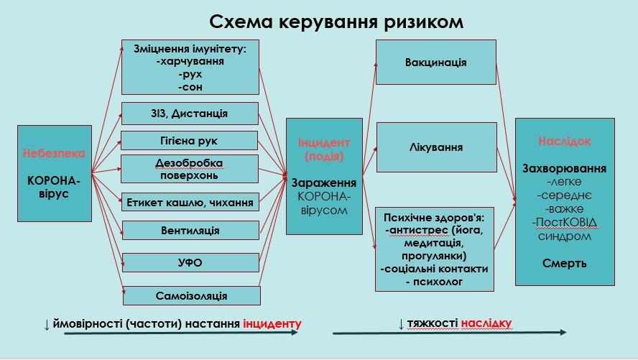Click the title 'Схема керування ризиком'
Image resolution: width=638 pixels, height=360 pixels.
(336, 22)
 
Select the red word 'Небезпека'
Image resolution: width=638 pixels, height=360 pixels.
(54, 153)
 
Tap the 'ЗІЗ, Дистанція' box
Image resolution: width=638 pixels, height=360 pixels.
(190, 114)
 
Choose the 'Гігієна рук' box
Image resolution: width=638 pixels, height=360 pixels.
(190, 141)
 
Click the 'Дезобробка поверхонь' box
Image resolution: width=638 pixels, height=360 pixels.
(190, 169)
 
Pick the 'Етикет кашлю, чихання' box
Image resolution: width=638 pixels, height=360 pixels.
(190, 202)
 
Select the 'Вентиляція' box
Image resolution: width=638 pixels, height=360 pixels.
(190, 230)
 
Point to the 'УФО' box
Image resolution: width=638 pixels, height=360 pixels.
(190, 262)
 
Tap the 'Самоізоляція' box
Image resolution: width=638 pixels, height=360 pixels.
(192, 296)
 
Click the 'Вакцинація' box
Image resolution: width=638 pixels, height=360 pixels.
(436, 63)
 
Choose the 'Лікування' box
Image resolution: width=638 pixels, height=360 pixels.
(437, 147)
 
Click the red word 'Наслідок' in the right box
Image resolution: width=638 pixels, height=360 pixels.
(564, 141)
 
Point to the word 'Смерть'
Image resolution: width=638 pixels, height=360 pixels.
(564, 264)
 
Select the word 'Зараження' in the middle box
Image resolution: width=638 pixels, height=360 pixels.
(324, 183)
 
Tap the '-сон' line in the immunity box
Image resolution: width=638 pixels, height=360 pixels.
(190, 87)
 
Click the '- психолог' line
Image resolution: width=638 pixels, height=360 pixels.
(434, 282)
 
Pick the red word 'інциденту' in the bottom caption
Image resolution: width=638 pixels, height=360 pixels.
(272, 324)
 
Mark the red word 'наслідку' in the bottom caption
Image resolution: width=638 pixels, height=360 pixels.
(486, 323)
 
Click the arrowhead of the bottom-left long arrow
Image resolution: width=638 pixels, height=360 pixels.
(295, 333)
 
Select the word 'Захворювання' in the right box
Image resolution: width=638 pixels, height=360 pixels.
(564, 168)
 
